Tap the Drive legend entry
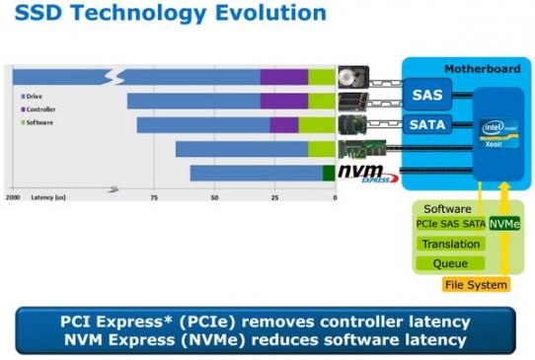click(x=36, y=96)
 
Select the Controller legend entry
click(x=41, y=109)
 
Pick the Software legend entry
click(x=39, y=122)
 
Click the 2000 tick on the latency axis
click(x=13, y=198)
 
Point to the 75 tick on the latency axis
click(x=154, y=198)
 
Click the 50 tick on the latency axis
click(x=214, y=198)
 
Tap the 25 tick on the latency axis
click(x=273, y=198)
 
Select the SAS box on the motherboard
click(x=427, y=96)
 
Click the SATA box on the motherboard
click(x=427, y=125)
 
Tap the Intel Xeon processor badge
click(x=495, y=132)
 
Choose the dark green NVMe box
click(x=504, y=225)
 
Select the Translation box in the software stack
click(x=450, y=244)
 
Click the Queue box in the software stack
click(x=450, y=263)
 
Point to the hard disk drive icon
click(x=353, y=76)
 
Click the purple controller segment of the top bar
click(x=283, y=76)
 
